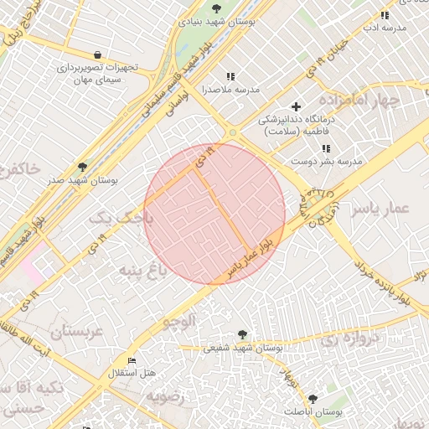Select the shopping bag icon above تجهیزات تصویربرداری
pos(98,54)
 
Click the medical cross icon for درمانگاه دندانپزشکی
pos(296,107)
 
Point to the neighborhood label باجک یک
pos(122,218)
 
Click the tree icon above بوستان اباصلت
pos(313,399)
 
